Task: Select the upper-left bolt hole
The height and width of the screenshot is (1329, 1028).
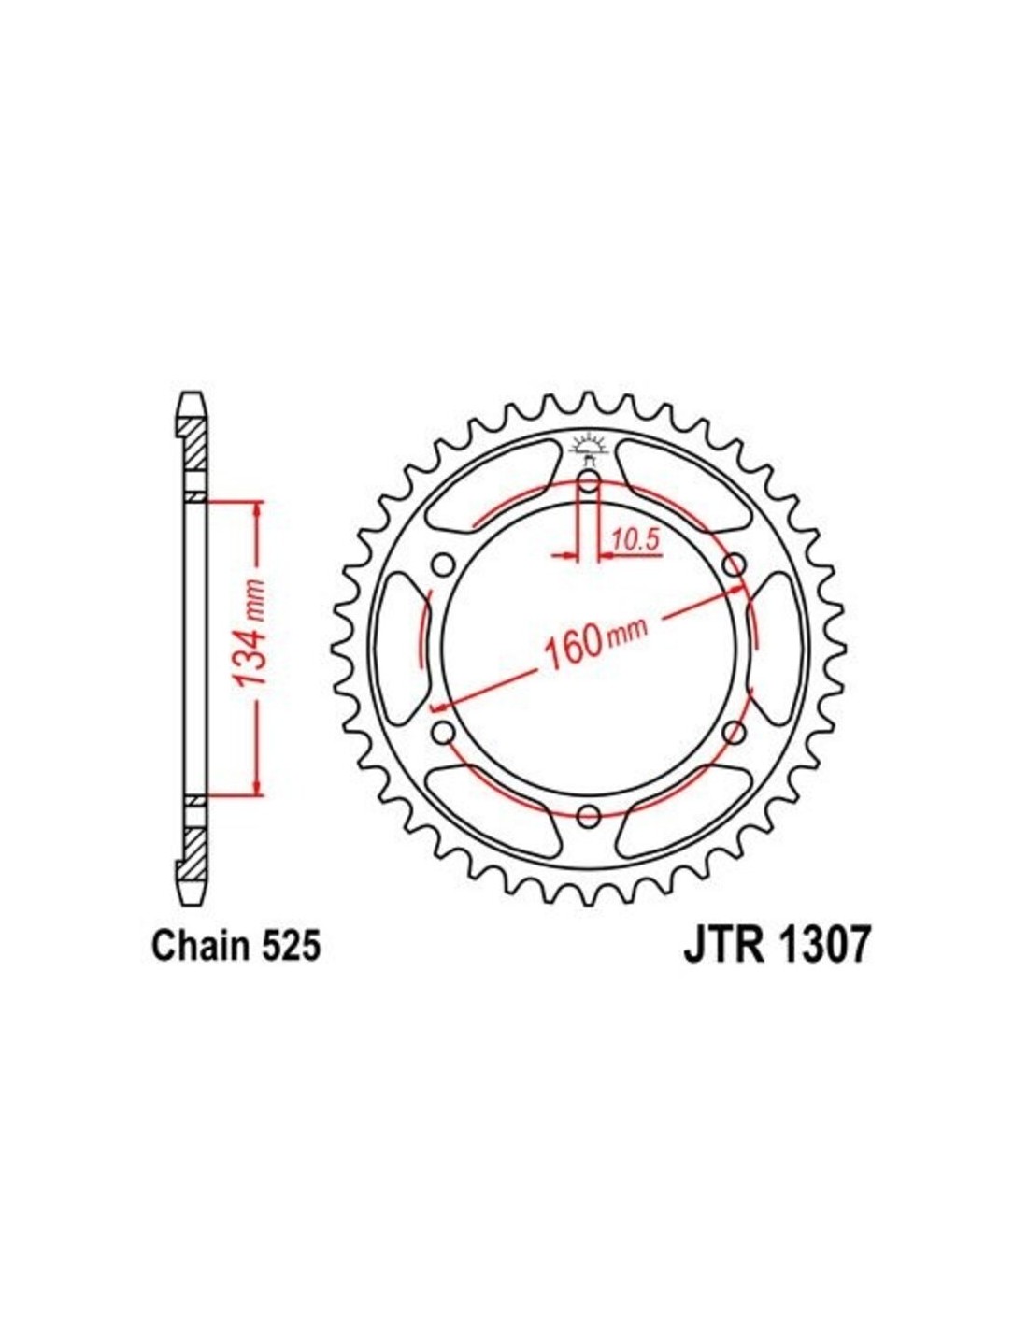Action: (443, 564)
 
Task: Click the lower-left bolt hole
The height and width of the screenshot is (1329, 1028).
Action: (443, 731)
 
